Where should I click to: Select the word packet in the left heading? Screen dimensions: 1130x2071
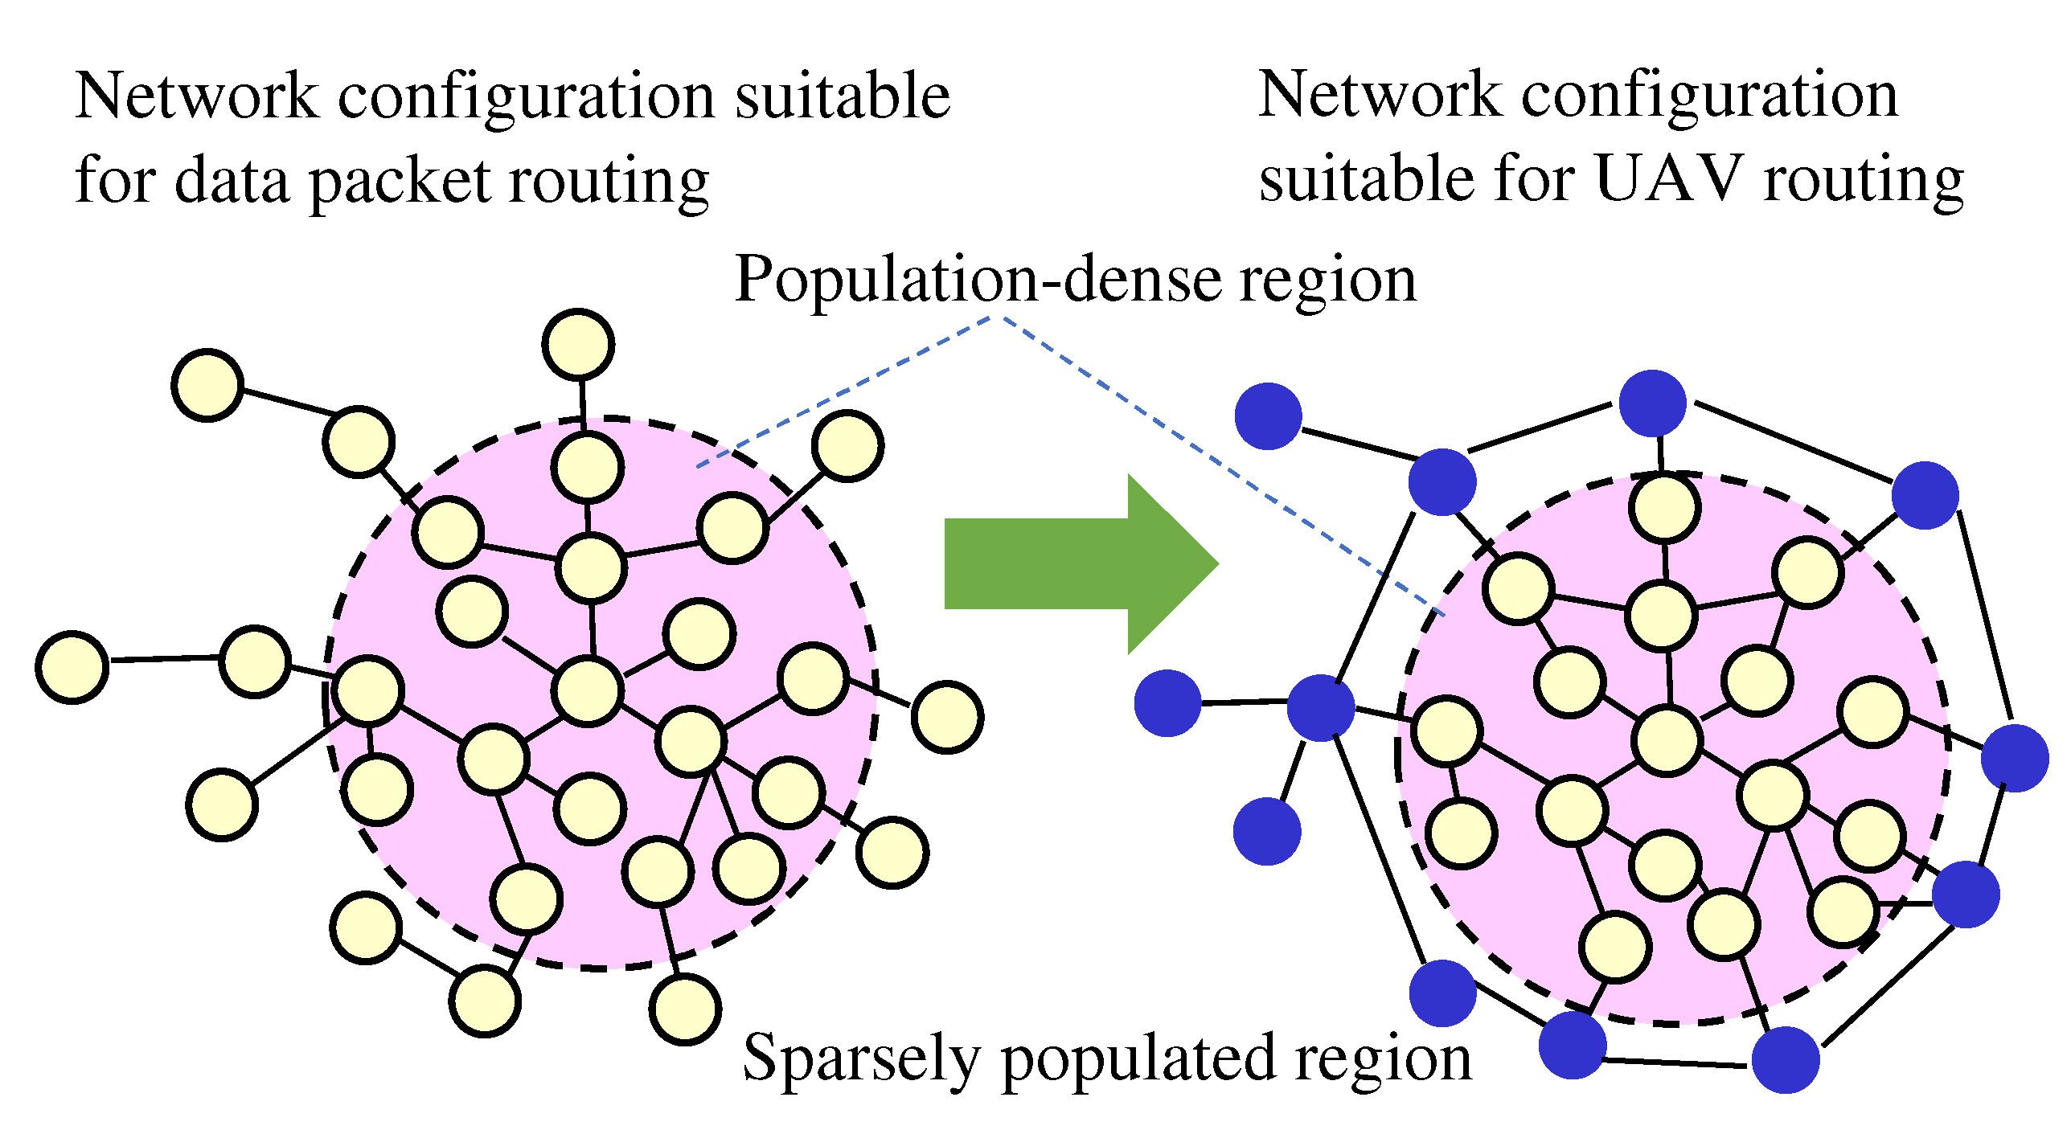click(x=400, y=182)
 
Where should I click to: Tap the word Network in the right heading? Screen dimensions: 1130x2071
click(x=1380, y=95)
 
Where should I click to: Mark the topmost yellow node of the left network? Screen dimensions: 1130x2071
click(x=579, y=344)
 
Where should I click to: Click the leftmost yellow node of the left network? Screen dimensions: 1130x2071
click(x=72, y=667)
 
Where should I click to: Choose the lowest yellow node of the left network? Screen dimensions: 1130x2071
click(x=685, y=1009)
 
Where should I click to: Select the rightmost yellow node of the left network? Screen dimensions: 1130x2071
click(x=948, y=717)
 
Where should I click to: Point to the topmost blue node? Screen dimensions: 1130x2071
click(x=1652, y=403)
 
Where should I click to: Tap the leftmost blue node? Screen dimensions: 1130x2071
click(x=1168, y=703)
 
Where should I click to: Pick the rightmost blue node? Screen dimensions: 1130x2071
click(x=2015, y=758)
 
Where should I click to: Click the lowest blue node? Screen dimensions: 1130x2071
click(x=1786, y=1060)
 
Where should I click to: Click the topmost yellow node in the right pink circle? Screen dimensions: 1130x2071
click(x=1664, y=508)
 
